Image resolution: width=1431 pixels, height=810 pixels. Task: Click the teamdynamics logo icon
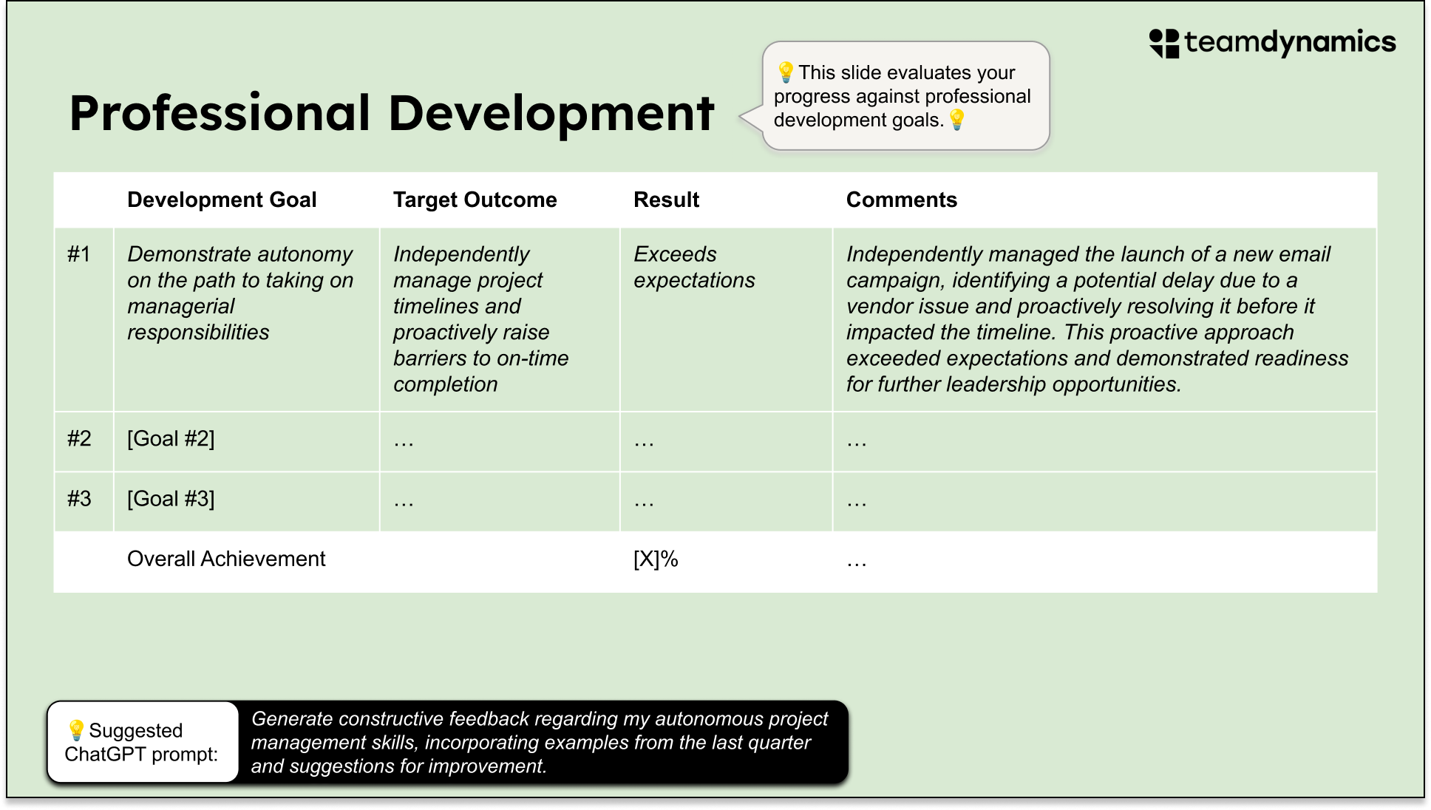pos(1164,43)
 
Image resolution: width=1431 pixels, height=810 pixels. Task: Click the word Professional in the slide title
pos(220,114)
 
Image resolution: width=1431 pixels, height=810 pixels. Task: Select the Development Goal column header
pos(222,200)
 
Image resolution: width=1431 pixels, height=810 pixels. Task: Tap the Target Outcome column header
pos(475,200)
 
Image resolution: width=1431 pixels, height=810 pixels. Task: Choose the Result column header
pos(666,200)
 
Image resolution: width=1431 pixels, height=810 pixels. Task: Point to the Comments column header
pos(901,200)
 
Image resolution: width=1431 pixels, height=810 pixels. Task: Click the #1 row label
pos(79,254)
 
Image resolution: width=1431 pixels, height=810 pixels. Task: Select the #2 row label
pos(79,439)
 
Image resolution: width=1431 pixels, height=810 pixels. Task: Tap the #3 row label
pos(79,499)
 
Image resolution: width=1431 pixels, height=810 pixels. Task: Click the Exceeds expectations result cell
pos(693,268)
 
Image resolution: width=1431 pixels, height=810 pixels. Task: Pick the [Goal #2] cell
pos(171,439)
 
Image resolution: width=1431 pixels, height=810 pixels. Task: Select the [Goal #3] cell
pos(171,499)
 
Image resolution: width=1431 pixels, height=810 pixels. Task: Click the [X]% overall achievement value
pos(656,559)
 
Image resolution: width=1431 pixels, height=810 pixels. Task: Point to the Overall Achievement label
pos(226,559)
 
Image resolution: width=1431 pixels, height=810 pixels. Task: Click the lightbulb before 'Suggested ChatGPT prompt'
pos(76,730)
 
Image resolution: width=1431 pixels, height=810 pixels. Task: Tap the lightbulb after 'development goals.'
pos(957,120)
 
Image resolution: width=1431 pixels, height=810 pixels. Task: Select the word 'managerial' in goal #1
pos(180,307)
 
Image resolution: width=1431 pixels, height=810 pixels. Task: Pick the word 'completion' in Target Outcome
pos(445,384)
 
